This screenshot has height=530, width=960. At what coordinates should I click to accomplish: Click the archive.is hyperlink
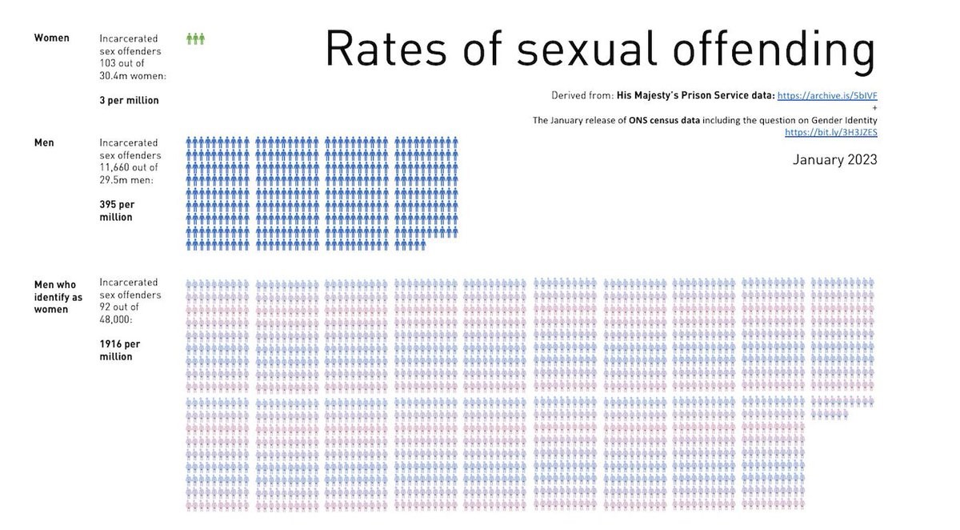click(x=827, y=95)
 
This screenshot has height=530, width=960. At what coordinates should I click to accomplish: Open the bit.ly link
click(x=831, y=132)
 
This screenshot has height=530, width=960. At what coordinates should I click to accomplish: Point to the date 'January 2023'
click(x=834, y=159)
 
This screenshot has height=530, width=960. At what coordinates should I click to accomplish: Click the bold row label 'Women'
click(x=51, y=38)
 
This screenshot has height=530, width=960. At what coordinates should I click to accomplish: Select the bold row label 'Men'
click(x=44, y=143)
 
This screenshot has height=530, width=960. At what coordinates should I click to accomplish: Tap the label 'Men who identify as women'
click(x=58, y=297)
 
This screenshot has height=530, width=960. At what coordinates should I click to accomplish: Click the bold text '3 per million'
click(x=129, y=100)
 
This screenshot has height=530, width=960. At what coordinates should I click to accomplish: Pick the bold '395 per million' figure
click(x=117, y=211)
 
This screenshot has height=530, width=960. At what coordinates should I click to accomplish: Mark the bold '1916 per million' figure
click(x=119, y=350)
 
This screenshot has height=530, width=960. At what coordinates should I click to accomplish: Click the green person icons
click(x=196, y=38)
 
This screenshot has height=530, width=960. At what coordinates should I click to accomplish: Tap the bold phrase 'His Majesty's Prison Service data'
click(x=695, y=95)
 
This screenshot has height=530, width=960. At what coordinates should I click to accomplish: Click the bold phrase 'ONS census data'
click(x=658, y=120)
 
